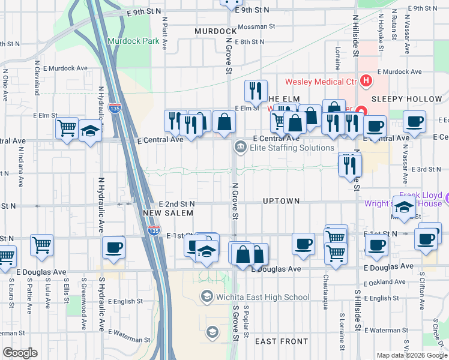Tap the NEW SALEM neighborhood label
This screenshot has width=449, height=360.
coord(168,213)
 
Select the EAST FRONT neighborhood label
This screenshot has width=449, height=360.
coord(282,341)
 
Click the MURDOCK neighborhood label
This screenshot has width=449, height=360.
coord(215,31)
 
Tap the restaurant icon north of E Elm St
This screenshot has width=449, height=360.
coord(256,91)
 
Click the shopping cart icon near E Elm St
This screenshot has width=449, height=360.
coord(67,127)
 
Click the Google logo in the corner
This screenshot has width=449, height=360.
coord(20,353)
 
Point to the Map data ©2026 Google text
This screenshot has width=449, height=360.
coord(412,355)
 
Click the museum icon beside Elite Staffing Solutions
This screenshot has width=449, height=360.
coord(240,146)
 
